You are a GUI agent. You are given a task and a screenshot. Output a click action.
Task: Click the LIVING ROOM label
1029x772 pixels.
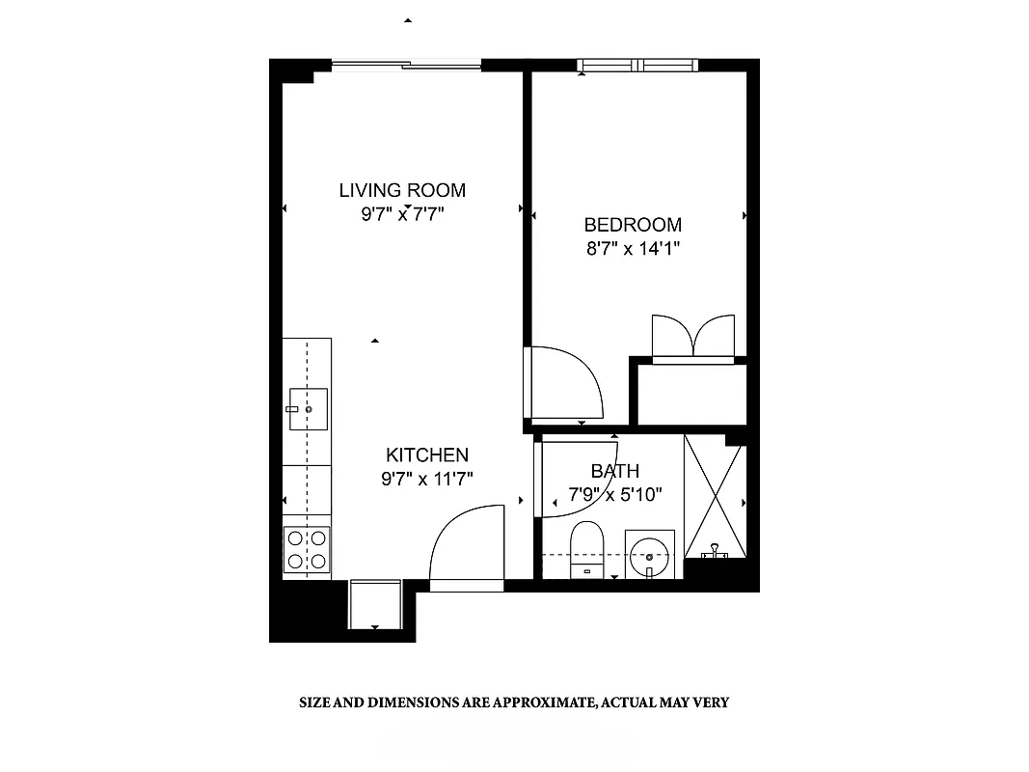point(402,190)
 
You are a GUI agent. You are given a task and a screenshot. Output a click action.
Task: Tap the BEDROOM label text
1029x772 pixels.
point(633,225)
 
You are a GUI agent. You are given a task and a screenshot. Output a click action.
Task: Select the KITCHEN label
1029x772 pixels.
point(427,455)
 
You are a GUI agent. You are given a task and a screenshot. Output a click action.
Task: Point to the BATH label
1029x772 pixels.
point(614,472)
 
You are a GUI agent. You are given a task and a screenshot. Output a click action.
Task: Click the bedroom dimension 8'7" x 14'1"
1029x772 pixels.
point(633,249)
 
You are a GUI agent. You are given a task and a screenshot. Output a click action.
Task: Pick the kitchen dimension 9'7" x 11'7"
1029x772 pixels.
point(427,478)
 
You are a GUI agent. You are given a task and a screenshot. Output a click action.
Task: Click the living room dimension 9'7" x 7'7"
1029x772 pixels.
point(402,214)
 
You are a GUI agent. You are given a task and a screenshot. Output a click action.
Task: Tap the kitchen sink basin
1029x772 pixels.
point(309,410)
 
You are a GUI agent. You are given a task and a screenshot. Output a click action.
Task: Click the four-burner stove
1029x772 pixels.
point(307,550)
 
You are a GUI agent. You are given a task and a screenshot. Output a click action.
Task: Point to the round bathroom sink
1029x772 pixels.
point(649,554)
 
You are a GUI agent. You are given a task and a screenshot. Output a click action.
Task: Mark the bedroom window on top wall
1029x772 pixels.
point(637,66)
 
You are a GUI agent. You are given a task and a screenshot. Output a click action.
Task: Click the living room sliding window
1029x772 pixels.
point(406,66)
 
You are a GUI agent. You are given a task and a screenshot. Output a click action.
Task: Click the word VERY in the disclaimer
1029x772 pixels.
point(712,703)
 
